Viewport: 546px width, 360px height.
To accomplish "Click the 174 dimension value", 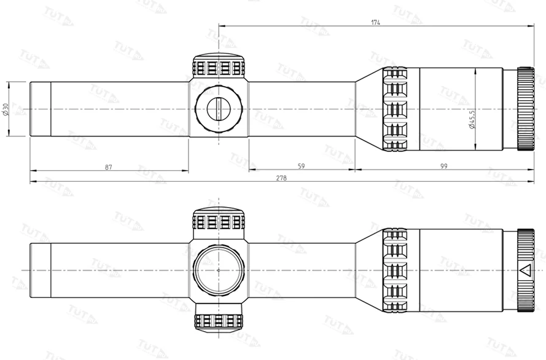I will pyautogui.click(x=375, y=22).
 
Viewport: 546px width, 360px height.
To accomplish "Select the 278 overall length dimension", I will pyautogui.click(x=281, y=178).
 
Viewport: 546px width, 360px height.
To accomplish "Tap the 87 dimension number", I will pyautogui.click(x=108, y=166).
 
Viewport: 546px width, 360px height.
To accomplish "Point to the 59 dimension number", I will pyautogui.click(x=301, y=166).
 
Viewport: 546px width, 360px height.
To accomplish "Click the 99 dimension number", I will pyautogui.click(x=443, y=166).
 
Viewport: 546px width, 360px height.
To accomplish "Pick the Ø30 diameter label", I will pyautogui.click(x=6, y=109).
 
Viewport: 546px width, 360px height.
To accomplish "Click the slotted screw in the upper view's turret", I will pyautogui.click(x=218, y=109).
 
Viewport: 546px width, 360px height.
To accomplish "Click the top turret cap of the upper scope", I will pyautogui.click(x=219, y=66).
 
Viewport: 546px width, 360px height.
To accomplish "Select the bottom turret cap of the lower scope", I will pyautogui.click(x=219, y=321).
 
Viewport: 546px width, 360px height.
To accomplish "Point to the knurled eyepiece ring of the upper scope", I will pyautogui.click(x=525, y=109).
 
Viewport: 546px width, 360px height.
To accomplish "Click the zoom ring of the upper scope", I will pyautogui.click(x=395, y=109).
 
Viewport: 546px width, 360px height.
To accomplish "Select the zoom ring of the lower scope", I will pyautogui.click(x=395, y=270).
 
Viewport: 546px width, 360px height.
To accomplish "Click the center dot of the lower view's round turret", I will pyautogui.click(x=219, y=270).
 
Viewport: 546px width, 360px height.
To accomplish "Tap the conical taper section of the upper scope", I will pyautogui.click(x=369, y=109).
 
